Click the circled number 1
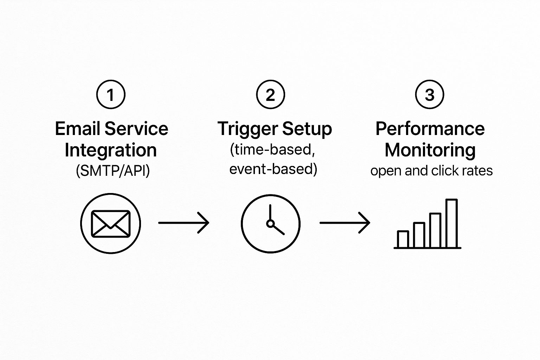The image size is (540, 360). [111, 94]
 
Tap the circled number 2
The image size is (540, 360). [270, 94]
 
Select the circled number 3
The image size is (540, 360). [430, 94]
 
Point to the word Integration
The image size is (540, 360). [111, 150]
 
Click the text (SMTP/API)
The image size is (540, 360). [113, 171]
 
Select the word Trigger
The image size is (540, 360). [248, 129]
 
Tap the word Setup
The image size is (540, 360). [307, 129]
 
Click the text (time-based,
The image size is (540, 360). [272, 150]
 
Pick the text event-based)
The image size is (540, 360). [273, 169]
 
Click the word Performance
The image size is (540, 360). [430, 129]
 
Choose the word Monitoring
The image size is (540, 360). [430, 150]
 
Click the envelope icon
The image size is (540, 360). [111, 224]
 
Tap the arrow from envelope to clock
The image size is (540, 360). [184, 223]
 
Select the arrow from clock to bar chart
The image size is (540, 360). [345, 223]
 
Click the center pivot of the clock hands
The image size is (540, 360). [270, 224]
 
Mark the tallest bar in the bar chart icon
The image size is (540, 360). [451, 223]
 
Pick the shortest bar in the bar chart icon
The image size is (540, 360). [403, 239]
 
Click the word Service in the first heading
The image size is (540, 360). [136, 129]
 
